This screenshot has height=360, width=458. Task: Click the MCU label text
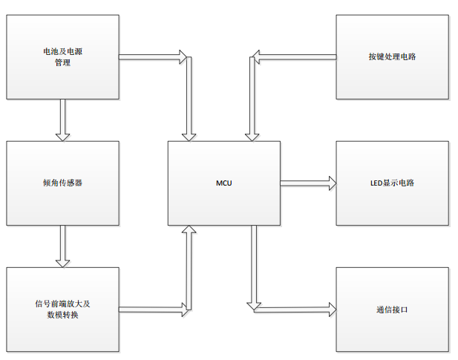(x=224, y=183)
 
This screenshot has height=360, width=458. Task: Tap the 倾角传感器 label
(x=62, y=183)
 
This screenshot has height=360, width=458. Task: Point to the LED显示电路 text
(x=392, y=183)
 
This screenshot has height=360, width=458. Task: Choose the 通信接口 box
(x=392, y=310)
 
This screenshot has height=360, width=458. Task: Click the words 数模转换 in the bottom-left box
(x=62, y=315)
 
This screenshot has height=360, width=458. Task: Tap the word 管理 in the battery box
(x=62, y=63)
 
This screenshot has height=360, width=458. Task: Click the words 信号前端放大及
(x=62, y=304)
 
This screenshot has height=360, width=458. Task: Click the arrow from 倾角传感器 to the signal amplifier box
(x=62, y=245)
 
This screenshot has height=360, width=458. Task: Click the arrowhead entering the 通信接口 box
(x=331, y=306)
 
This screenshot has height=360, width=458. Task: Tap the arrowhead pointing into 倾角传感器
(x=62, y=135)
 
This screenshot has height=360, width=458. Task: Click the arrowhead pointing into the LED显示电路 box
(x=331, y=183)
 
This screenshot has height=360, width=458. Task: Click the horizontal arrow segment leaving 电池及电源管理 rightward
(x=148, y=56)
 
